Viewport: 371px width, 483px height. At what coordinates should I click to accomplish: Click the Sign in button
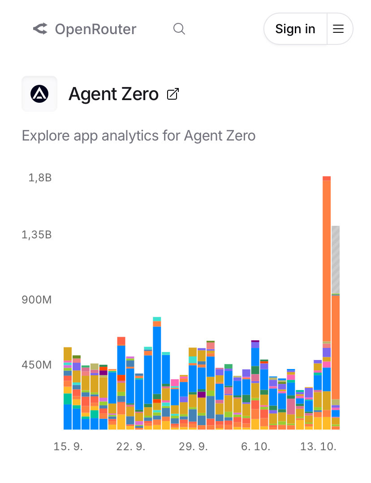(x=295, y=29)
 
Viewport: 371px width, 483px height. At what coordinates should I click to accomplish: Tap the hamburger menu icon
(x=338, y=29)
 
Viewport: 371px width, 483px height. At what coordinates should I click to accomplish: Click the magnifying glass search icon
(x=179, y=29)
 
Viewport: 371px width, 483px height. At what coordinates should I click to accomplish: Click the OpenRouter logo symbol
(x=40, y=30)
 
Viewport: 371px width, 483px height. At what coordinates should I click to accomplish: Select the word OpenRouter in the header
(x=95, y=30)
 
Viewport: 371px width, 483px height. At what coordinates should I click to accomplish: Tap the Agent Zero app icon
(x=39, y=94)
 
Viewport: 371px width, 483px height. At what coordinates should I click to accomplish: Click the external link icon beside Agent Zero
(x=173, y=94)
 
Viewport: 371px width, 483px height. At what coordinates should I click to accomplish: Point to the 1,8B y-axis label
(x=40, y=178)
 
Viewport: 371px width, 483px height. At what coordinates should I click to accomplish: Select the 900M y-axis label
(x=37, y=299)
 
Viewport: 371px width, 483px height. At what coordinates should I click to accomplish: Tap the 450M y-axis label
(x=37, y=364)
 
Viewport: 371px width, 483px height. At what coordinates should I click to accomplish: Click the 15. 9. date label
(x=68, y=447)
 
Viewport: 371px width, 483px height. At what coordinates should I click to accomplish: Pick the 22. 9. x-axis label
(x=131, y=447)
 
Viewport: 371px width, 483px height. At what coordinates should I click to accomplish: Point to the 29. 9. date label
(x=193, y=447)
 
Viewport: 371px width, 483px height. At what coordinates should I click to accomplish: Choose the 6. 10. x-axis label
(x=255, y=447)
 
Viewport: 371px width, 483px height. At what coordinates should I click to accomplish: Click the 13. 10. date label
(x=318, y=447)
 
